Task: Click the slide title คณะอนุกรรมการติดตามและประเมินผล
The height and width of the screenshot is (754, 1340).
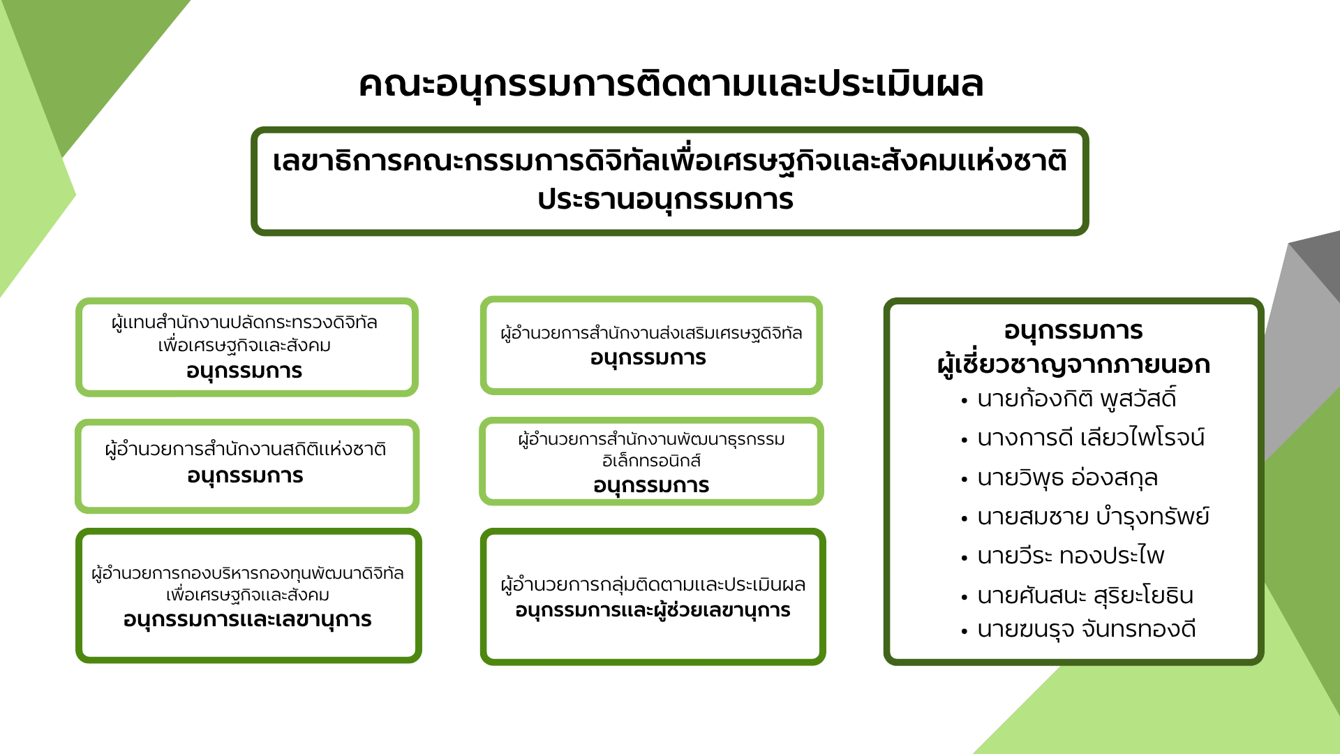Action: point(671,84)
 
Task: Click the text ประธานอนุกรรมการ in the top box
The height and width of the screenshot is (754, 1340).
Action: point(666,200)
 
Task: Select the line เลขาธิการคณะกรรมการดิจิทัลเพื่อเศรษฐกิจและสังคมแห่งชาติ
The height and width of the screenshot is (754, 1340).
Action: point(669,161)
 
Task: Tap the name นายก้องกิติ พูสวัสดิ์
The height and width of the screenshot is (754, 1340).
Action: point(1077,398)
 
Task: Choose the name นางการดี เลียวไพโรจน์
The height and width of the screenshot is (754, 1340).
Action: point(1091,438)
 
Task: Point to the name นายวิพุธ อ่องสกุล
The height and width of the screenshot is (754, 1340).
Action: point(1067,478)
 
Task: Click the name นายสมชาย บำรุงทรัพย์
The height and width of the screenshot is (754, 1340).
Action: point(1093,517)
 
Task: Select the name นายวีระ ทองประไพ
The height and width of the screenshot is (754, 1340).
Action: point(1071,556)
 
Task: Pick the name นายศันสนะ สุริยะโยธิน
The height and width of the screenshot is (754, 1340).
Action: point(1085,596)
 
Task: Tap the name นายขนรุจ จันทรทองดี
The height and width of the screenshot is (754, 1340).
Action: point(1087,629)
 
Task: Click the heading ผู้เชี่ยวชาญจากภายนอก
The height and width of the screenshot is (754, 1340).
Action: point(1073,365)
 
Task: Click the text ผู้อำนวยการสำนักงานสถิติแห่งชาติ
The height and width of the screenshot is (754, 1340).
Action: point(246,449)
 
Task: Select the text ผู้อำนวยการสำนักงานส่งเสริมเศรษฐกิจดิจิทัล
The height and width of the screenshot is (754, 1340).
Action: point(651,334)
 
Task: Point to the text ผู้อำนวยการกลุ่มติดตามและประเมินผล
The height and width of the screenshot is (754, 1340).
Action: point(653,585)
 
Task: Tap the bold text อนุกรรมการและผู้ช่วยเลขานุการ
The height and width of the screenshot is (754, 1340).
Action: point(653,611)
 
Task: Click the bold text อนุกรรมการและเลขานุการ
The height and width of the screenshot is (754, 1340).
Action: point(247,620)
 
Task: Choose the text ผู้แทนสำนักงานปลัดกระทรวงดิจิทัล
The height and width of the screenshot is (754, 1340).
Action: point(244,323)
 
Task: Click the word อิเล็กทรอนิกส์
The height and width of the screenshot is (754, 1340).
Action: point(651,461)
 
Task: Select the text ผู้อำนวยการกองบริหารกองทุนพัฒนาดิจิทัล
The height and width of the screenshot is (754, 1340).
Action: point(248,574)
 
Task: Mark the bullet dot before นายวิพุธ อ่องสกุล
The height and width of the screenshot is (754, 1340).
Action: point(965,480)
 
